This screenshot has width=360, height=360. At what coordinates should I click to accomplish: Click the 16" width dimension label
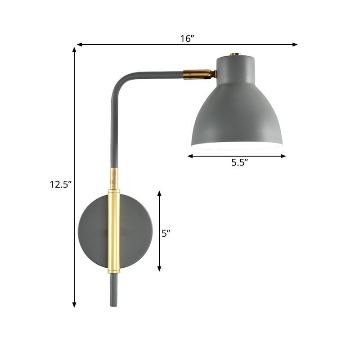coord(187,39)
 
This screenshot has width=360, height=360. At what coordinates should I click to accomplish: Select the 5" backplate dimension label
coord(166,233)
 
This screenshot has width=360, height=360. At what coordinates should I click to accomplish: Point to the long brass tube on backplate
coord(114,232)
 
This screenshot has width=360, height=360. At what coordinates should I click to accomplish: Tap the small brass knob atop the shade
coord(234,54)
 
